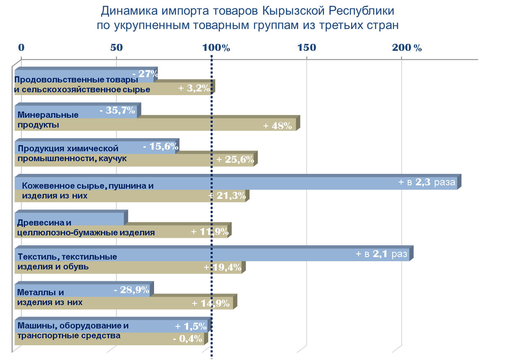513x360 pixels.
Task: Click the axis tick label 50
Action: tap(117, 48)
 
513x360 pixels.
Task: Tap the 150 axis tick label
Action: tap(307, 48)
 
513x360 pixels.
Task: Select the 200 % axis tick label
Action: tap(407, 48)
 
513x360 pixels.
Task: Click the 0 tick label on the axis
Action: tap(22, 48)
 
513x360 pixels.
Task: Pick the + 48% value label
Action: tap(277, 125)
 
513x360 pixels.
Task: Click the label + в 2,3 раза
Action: tap(427, 183)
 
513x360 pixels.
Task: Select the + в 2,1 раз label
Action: tap(381, 254)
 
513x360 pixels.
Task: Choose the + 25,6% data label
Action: tap(235, 159)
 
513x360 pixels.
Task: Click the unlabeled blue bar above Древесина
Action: tap(72, 218)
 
